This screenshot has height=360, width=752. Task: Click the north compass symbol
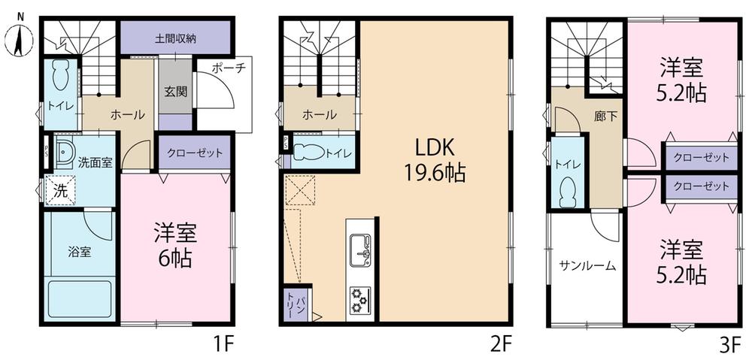point(20,36)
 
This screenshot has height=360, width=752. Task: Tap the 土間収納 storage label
point(175,39)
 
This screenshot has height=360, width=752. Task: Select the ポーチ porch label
point(228,67)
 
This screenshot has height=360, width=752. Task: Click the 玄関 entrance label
point(176,92)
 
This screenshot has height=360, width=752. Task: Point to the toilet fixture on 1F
point(62,75)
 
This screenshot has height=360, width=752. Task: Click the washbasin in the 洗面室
point(63,153)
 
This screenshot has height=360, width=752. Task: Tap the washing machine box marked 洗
point(60,190)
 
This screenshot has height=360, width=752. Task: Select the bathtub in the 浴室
point(80,299)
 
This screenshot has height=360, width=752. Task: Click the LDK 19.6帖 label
point(435,161)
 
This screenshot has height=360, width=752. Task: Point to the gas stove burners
point(359,299)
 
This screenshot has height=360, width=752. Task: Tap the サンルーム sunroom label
point(588,266)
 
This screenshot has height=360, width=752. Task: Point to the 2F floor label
point(502,343)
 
